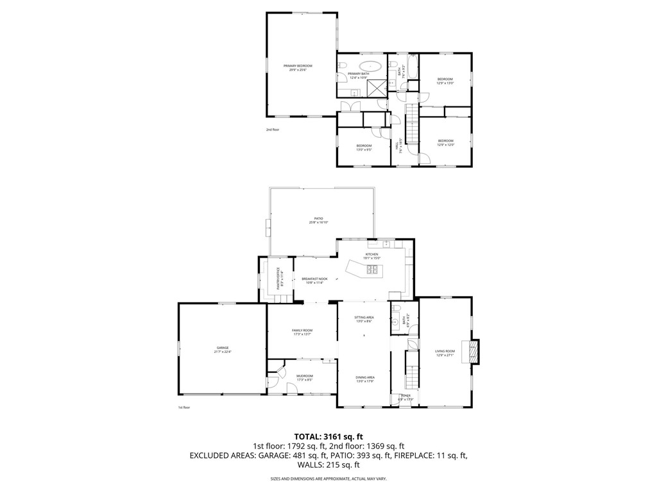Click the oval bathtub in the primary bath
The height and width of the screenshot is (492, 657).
[370, 65]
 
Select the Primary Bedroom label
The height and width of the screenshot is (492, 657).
[298, 66]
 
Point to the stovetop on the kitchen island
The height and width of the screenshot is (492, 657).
[373, 270]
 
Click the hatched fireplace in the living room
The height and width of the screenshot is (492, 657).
[473, 350]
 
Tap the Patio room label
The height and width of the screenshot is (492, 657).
[318, 218]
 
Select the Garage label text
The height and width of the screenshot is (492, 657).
[222, 348]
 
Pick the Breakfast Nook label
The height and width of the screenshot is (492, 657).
[314, 279]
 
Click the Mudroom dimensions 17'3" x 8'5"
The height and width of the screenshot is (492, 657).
[304, 380]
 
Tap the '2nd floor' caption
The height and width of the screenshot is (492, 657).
[273, 130]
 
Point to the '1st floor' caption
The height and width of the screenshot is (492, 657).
[184, 407]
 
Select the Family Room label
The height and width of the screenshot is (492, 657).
[302, 331]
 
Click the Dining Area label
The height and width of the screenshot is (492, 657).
[365, 377]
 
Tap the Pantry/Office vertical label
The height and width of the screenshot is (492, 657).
[278, 278]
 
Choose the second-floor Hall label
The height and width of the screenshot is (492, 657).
[398, 145]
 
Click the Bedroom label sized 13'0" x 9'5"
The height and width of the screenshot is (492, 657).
[364, 147]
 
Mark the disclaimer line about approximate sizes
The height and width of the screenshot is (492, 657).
[328, 479]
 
